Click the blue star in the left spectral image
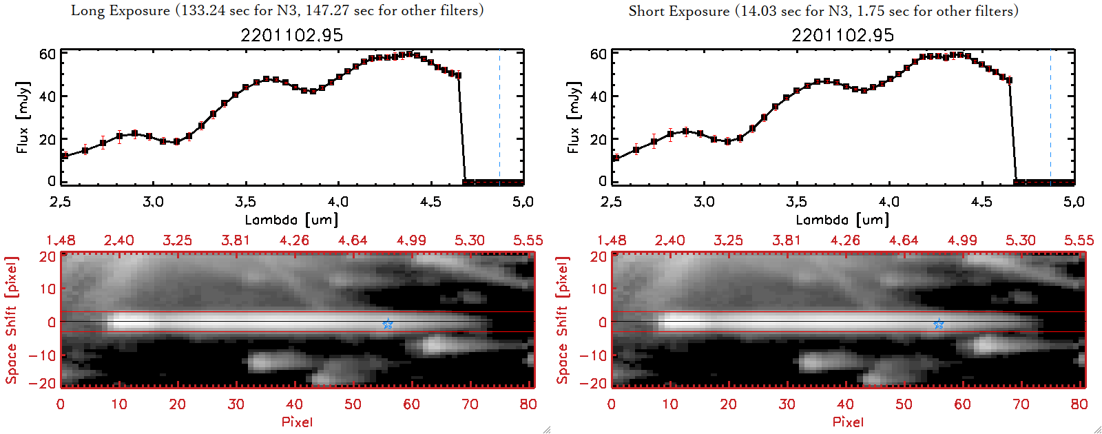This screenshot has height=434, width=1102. [x=388, y=324]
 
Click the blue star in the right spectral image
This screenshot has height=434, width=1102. [x=939, y=324]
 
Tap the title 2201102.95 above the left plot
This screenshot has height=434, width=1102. [x=291, y=35]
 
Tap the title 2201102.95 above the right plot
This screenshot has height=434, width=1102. [x=842, y=35]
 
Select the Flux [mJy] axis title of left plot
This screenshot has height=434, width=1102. [x=23, y=117]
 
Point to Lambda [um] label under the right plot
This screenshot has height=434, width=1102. [x=842, y=220]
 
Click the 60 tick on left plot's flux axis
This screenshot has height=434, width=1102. [x=47, y=54]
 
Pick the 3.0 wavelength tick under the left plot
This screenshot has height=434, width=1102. [x=153, y=202]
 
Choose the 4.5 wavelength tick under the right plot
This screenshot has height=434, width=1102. [x=981, y=202]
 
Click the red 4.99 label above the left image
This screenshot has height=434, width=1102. [x=411, y=240]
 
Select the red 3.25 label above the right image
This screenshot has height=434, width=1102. [x=728, y=240]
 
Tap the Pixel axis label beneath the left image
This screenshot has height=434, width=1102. [x=297, y=422]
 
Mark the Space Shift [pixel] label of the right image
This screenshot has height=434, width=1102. [x=563, y=320]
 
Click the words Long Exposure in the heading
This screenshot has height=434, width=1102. [x=121, y=10]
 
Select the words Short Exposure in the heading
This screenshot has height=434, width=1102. [x=678, y=11]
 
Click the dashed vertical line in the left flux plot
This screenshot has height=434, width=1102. [x=500, y=117]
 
